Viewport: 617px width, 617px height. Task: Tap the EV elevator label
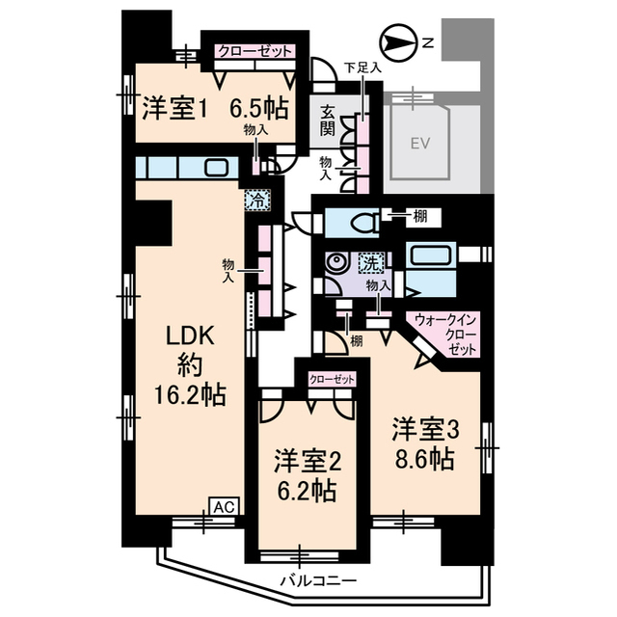pos(417,144)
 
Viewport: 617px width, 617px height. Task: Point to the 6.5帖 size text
pos(261,107)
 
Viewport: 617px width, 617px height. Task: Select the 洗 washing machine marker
pos(371,262)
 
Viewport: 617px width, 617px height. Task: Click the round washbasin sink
pos(335,263)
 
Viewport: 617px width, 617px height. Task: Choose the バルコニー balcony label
pos(318,581)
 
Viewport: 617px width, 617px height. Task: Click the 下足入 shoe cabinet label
pos(363,68)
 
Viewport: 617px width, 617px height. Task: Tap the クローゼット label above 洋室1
pos(254,51)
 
